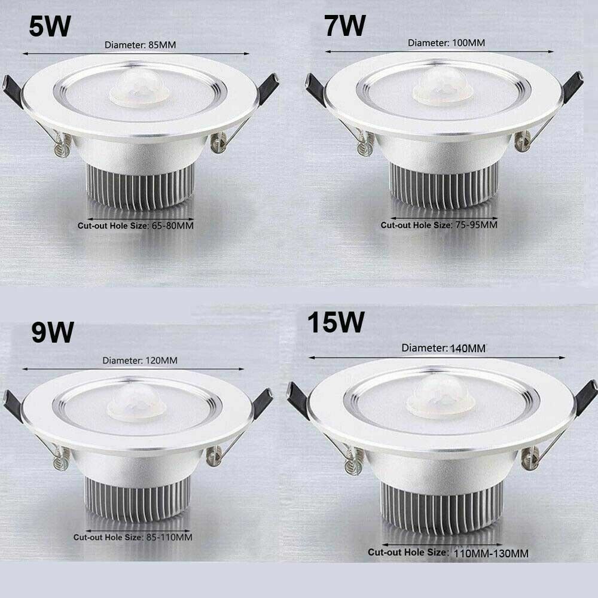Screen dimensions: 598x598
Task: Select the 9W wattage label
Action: [x=53, y=332]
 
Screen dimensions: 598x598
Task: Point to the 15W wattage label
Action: [x=335, y=324]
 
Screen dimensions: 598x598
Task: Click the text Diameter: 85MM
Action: [x=141, y=45]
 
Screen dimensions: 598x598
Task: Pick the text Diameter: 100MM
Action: [x=446, y=43]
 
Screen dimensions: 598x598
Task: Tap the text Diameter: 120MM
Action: [x=140, y=361]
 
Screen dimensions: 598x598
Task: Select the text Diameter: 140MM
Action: [x=443, y=348]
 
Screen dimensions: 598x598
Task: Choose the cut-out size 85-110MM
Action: [x=169, y=537]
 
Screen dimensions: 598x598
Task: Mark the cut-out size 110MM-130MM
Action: [x=490, y=553]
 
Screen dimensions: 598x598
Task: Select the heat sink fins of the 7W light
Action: [x=444, y=185]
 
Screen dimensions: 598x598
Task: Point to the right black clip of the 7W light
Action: [x=572, y=86]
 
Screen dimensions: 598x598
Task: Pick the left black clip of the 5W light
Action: [x=13, y=90]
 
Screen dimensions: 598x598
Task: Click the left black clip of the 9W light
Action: [x=13, y=405]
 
